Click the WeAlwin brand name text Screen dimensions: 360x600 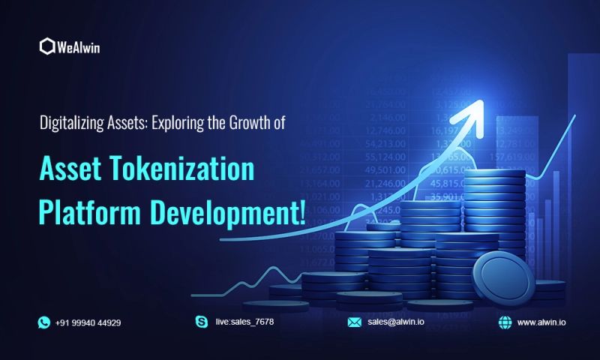click(79, 47)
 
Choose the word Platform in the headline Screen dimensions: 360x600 click(87, 213)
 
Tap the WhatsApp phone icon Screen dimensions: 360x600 click(43, 322)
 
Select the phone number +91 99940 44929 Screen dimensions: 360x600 click(88, 322)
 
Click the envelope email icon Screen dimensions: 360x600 click(355, 322)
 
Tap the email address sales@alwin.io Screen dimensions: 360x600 click(397, 322)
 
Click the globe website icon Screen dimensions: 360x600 click(505, 322)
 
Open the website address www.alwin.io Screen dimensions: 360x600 click(542, 322)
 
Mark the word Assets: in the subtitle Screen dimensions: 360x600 click(125, 121)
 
